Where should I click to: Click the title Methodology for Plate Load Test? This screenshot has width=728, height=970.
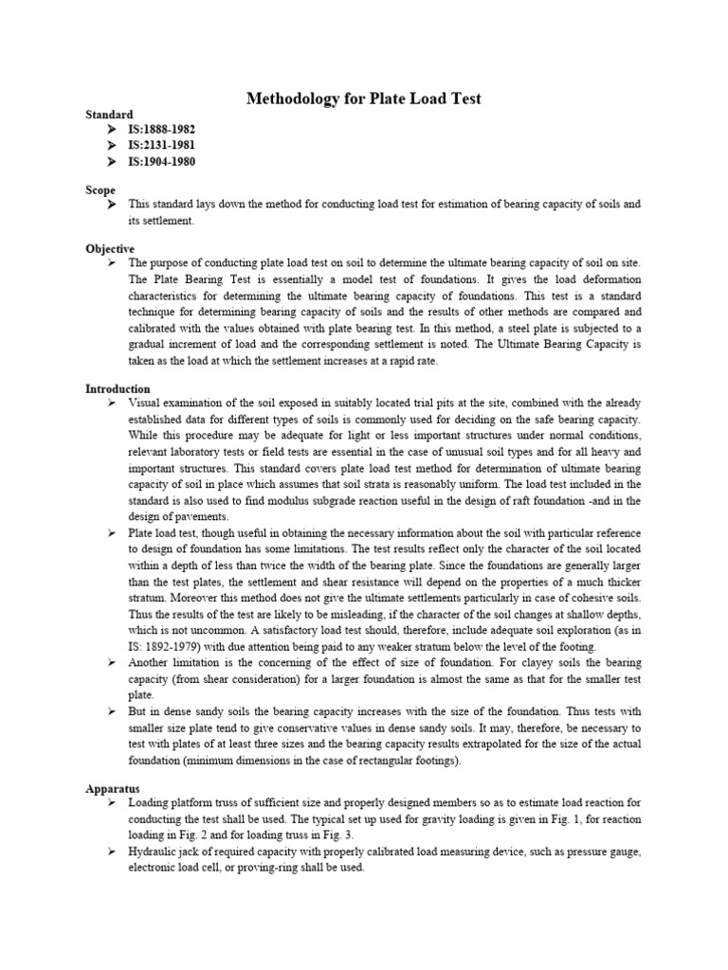point(364,98)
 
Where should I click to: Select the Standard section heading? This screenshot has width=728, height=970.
point(109,115)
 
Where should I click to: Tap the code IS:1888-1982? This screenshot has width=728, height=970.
point(162,130)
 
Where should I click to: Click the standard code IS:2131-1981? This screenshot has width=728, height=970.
point(162,146)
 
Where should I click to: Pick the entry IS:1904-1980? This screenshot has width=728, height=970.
point(162,162)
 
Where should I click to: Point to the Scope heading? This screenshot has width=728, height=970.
point(100,190)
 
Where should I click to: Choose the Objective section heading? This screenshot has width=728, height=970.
point(110,248)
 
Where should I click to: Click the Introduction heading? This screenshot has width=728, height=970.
point(118,389)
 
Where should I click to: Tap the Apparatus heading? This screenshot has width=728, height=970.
point(113,788)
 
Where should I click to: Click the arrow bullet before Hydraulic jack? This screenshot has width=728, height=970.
point(113,852)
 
